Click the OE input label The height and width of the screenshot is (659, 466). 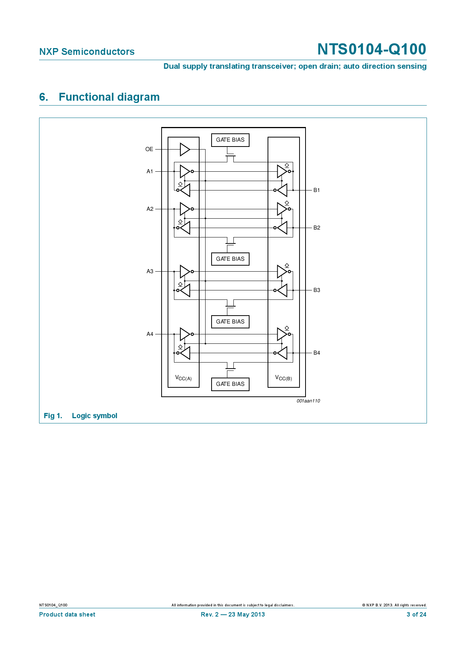click(x=149, y=149)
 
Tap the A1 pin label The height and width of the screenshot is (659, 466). click(x=150, y=171)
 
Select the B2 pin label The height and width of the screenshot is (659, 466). click(x=317, y=228)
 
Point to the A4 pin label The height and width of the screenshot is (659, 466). click(x=150, y=334)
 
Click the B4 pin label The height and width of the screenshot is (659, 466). click(x=317, y=353)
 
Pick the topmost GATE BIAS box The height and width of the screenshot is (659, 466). click(x=230, y=140)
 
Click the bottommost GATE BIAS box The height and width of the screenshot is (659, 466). click(x=230, y=384)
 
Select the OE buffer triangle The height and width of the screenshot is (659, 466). click(x=185, y=149)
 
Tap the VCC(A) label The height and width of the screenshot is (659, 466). click(x=183, y=378)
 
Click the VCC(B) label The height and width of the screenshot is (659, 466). click(x=283, y=378)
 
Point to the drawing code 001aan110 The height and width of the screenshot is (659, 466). click(x=308, y=401)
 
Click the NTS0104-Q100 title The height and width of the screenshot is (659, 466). click(x=371, y=49)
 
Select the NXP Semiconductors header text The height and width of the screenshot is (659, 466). click(x=87, y=51)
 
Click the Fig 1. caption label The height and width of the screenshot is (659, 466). click(x=53, y=416)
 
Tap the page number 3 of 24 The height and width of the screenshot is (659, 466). click(x=416, y=614)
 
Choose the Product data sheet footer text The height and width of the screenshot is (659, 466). click(x=67, y=614)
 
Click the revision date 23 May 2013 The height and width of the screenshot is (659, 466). click(x=246, y=614)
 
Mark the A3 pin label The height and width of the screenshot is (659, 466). click(x=150, y=271)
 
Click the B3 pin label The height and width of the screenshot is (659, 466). click(x=317, y=290)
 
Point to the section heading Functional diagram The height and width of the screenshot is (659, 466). click(x=109, y=97)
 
